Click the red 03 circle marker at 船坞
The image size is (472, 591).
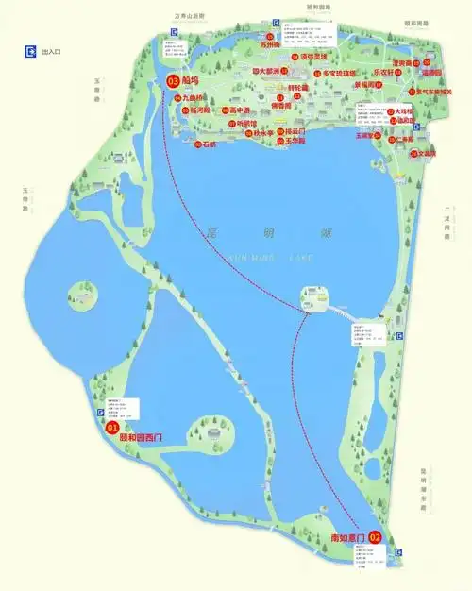173,82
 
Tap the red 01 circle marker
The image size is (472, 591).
112,428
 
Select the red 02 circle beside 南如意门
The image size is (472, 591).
375,537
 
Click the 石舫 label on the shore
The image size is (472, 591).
209,145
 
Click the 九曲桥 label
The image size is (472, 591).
194,96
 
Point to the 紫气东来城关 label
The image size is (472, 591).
435,92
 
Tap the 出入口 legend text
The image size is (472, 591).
53,54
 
